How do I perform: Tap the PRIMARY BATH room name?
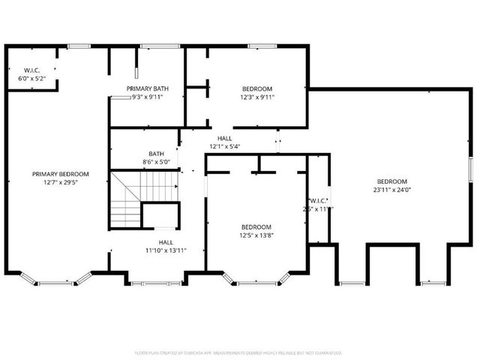click(147, 88)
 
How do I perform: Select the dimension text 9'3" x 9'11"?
click(147, 97)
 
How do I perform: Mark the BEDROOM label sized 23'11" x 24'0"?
click(391, 181)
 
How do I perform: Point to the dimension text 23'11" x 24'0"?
click(391, 190)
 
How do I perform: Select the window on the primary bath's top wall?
click(159, 47)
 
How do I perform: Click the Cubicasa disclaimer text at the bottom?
click(238, 352)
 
